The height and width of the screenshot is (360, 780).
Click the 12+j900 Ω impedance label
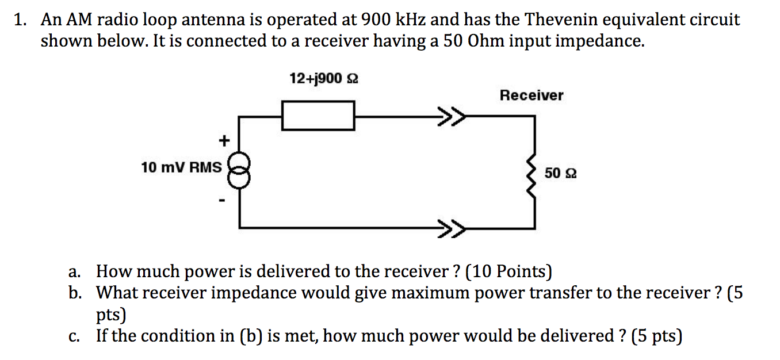tap(323, 78)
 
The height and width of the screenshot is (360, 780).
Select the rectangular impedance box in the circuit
tap(318, 115)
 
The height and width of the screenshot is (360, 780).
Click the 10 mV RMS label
tap(181, 167)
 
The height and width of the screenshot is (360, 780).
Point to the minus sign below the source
tap(221, 201)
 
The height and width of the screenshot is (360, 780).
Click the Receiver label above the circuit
tap(532, 95)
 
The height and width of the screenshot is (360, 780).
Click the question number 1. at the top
tap(21, 21)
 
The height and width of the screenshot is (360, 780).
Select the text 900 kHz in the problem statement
tap(393, 21)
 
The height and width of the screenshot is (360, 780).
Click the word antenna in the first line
tap(214, 21)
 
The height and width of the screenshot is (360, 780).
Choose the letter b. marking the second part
tap(75, 293)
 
